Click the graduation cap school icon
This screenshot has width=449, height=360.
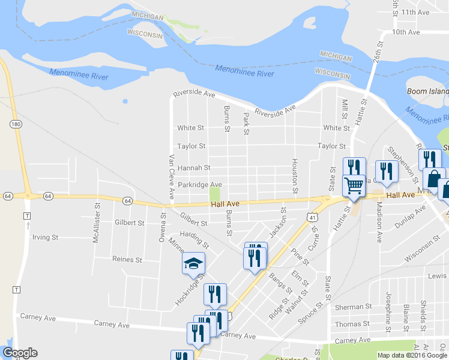pos(194,263)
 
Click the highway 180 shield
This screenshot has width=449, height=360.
pos(16,124)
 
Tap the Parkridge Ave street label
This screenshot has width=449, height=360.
pos(200,185)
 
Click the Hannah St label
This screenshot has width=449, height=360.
pos(194,168)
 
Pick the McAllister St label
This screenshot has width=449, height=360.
pos(95,230)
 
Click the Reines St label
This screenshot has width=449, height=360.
pos(127,260)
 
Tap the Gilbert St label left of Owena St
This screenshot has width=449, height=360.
pos(129,223)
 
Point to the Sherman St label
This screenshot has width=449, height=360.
pos(349,307)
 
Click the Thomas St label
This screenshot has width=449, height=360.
pos(349,324)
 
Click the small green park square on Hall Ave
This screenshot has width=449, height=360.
pos(214,195)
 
